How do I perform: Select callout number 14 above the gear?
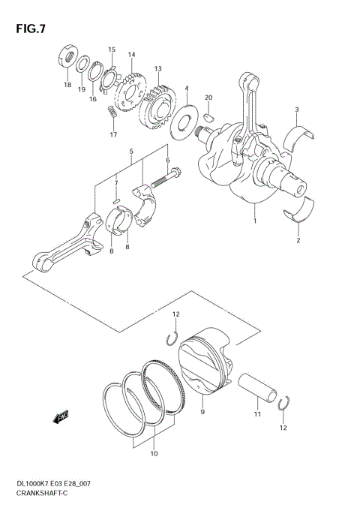click(x=131, y=54)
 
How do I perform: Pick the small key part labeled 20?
click(x=209, y=116)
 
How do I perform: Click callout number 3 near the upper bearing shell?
click(x=296, y=110)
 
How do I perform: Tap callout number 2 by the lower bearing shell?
click(x=298, y=241)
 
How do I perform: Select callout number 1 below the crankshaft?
click(x=256, y=221)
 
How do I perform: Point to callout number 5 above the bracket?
click(x=131, y=151)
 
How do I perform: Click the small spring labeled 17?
click(x=111, y=113)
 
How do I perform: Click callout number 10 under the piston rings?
click(x=154, y=453)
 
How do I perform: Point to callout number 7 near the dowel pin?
click(x=116, y=182)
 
